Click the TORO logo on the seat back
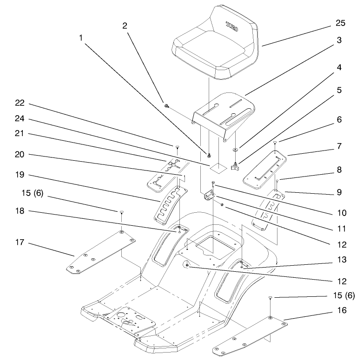(232, 26)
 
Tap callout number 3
(340, 40)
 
